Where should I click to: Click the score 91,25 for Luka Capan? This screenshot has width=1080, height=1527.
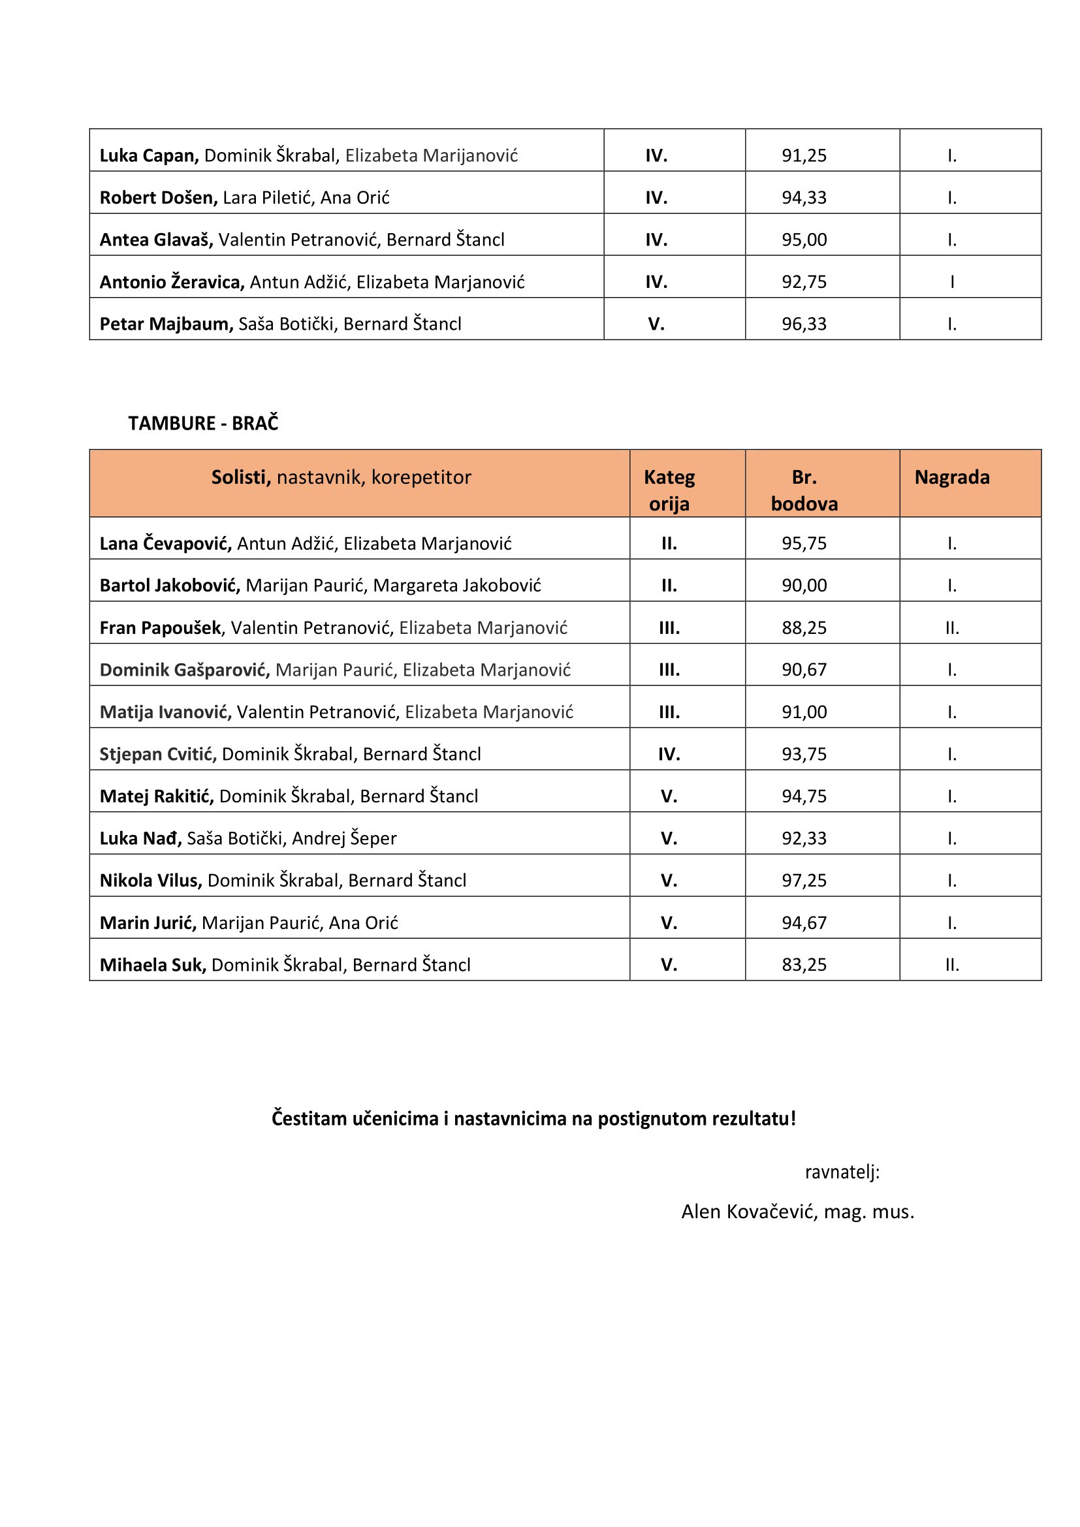(803, 155)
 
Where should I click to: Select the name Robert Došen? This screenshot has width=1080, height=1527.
(158, 198)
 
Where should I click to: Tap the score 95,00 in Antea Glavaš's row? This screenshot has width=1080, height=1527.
(803, 240)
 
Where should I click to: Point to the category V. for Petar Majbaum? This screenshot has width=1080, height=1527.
(656, 324)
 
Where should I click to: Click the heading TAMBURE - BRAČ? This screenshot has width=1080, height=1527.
(203, 423)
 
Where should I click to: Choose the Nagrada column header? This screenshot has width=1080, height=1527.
(951, 477)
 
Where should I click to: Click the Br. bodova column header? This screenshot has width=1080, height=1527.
(803, 490)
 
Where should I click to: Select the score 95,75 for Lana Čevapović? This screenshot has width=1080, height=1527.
(803, 543)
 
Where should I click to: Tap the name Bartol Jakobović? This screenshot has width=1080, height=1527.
(170, 585)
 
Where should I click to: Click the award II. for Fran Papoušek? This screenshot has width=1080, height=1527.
(951, 628)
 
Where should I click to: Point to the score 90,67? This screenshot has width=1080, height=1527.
(803, 670)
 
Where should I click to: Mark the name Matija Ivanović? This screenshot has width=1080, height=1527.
(165, 712)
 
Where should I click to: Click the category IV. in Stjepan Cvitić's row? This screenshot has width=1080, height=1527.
(669, 754)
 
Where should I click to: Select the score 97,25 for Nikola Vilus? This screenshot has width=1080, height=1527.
(803, 881)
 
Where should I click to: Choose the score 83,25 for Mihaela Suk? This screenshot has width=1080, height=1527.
(803, 965)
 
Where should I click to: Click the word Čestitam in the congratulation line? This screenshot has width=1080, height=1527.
(310, 1119)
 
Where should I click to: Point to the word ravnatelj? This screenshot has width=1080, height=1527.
(842, 1173)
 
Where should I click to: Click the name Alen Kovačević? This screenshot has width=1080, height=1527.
(749, 1212)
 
